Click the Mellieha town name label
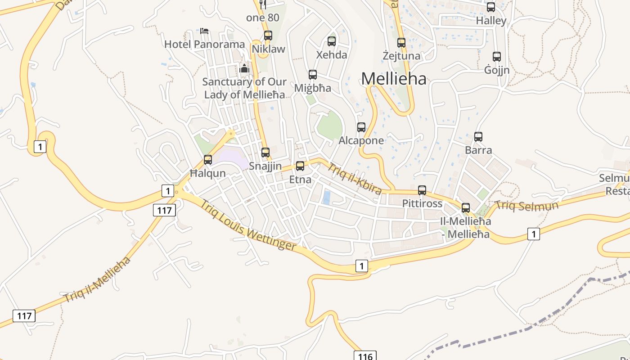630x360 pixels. click(394, 79)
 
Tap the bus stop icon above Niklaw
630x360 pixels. click(268, 35)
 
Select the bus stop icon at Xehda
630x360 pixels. click(332, 41)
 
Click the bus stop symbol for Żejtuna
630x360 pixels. click(401, 43)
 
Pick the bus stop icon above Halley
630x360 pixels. click(491, 7)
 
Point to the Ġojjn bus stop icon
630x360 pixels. click(497, 57)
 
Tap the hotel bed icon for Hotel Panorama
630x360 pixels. click(204, 31)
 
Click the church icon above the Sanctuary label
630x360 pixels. click(244, 68)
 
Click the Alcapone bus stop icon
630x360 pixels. click(361, 127)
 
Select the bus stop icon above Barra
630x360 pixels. click(478, 136)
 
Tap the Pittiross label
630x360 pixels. click(422, 203)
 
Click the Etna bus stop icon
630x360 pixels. click(300, 166)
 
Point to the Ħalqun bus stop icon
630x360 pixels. click(208, 159)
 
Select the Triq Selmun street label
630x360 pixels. click(526, 206)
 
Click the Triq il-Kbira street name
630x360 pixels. click(354, 178)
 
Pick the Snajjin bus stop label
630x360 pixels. click(265, 166)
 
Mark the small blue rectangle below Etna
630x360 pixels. click(327, 197)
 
